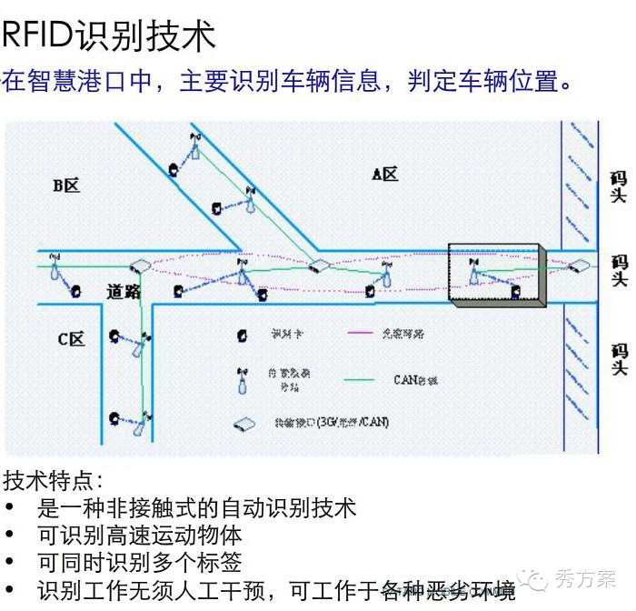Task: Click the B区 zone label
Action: click(x=65, y=185)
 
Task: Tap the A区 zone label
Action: click(x=384, y=174)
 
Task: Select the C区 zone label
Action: click(x=71, y=339)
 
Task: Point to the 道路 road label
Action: click(x=124, y=291)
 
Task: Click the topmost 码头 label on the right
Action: click(x=619, y=187)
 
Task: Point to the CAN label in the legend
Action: click(x=415, y=380)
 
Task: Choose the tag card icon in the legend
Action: click(x=241, y=335)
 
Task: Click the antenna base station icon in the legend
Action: click(x=242, y=380)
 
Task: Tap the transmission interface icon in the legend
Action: click(x=243, y=424)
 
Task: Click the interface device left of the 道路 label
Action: click(x=139, y=267)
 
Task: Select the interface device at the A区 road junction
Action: click(x=317, y=266)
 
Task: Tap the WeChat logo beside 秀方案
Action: click(x=539, y=579)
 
